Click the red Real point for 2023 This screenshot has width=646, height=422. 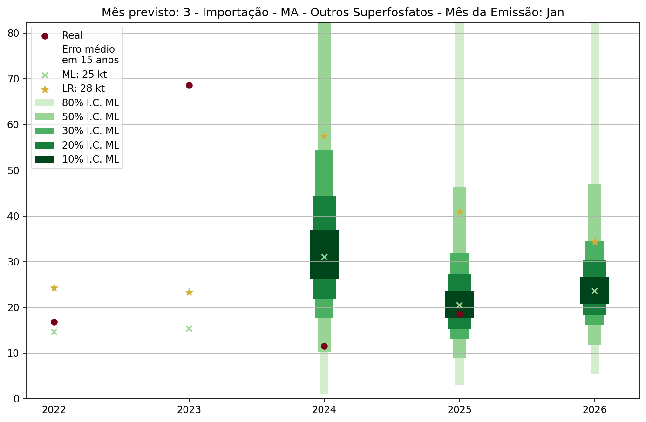click(x=189, y=85)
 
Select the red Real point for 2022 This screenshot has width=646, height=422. click(x=54, y=322)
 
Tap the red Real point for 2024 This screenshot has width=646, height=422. click(x=324, y=346)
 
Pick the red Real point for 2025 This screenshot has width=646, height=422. click(x=460, y=314)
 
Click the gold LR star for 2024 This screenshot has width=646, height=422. click(x=324, y=136)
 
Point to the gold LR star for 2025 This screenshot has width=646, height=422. click(x=460, y=212)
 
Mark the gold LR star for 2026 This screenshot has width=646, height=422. click(x=595, y=242)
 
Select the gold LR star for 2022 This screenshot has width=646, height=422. click(x=54, y=288)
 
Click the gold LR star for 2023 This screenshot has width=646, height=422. click(x=189, y=292)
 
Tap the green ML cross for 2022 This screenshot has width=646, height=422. click(x=54, y=332)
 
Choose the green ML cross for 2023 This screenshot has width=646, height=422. click(x=189, y=328)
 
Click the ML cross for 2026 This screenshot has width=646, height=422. click(x=595, y=291)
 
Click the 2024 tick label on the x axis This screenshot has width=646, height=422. click(x=324, y=410)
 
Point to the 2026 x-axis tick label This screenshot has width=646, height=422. click(x=595, y=410)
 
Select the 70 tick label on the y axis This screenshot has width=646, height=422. click(x=14, y=79)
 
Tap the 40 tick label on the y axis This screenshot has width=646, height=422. click(x=14, y=216)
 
